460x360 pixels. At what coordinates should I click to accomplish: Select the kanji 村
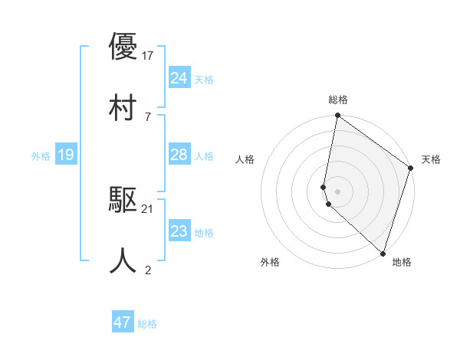(x=123, y=106)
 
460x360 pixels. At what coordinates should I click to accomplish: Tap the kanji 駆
(x=123, y=200)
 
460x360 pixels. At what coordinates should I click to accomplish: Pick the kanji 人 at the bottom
(x=123, y=260)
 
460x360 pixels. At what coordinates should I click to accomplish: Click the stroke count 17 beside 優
(x=149, y=55)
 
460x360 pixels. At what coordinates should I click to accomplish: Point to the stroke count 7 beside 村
(x=148, y=116)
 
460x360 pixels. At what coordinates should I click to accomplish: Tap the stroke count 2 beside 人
(x=148, y=270)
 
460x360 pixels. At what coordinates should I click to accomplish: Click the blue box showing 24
(x=179, y=78)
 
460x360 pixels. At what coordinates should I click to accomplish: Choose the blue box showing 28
(x=179, y=155)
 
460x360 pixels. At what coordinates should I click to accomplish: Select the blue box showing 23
(x=179, y=232)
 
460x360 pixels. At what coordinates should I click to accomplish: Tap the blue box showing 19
(x=66, y=155)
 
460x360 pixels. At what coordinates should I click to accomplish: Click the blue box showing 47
(x=123, y=322)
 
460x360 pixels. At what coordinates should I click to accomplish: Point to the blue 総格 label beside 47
(x=147, y=324)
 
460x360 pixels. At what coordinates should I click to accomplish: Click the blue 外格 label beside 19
(x=41, y=156)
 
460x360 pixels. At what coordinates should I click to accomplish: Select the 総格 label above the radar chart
(x=338, y=100)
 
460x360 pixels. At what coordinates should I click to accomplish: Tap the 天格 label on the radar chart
(x=431, y=159)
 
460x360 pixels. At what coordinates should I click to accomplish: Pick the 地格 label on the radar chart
(x=402, y=262)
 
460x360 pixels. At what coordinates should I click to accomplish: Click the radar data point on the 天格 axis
(x=411, y=169)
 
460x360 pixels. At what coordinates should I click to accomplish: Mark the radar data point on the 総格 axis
(x=337, y=116)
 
